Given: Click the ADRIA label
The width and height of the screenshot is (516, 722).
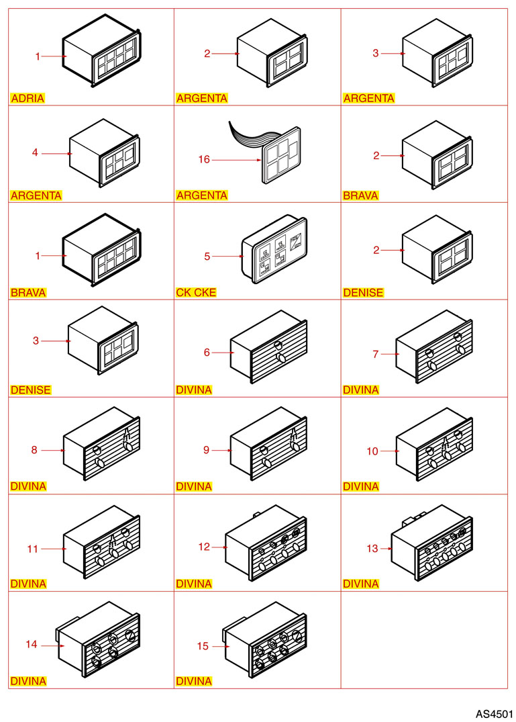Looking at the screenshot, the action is coord(28,98).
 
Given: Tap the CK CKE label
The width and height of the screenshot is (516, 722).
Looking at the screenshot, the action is coord(196,292).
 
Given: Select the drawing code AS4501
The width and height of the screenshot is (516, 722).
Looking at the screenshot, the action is coord(494,714).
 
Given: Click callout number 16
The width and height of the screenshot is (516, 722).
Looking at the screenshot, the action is coord(204,159).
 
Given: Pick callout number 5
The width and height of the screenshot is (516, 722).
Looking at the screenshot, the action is coord(207,256).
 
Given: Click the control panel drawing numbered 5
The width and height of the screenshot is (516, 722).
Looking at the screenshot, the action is coord(274,249).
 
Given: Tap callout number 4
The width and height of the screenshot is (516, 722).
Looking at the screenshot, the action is coord(35,152).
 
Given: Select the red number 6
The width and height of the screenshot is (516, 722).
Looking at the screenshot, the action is coord(207,352).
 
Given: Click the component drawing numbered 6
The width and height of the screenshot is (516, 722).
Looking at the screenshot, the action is coord(268,347).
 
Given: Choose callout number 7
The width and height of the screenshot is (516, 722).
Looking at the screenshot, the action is coord(376,354).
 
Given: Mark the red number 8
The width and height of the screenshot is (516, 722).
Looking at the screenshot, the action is coord(34,449).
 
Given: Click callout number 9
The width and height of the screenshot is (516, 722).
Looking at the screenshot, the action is coord(207,450).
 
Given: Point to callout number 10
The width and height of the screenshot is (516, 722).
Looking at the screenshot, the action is coord(372,451).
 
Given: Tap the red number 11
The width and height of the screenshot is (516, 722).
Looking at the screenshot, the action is coord(32,549).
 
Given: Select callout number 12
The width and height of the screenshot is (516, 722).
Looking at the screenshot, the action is coord(204,547).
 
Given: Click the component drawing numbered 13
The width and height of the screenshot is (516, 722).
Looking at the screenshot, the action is coord(432,542).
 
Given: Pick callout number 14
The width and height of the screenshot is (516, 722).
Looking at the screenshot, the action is coord(32,644).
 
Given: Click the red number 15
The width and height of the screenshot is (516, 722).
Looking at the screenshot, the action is coord(203,646).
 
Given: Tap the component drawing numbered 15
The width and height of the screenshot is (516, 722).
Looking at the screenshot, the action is coord(265,639).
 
